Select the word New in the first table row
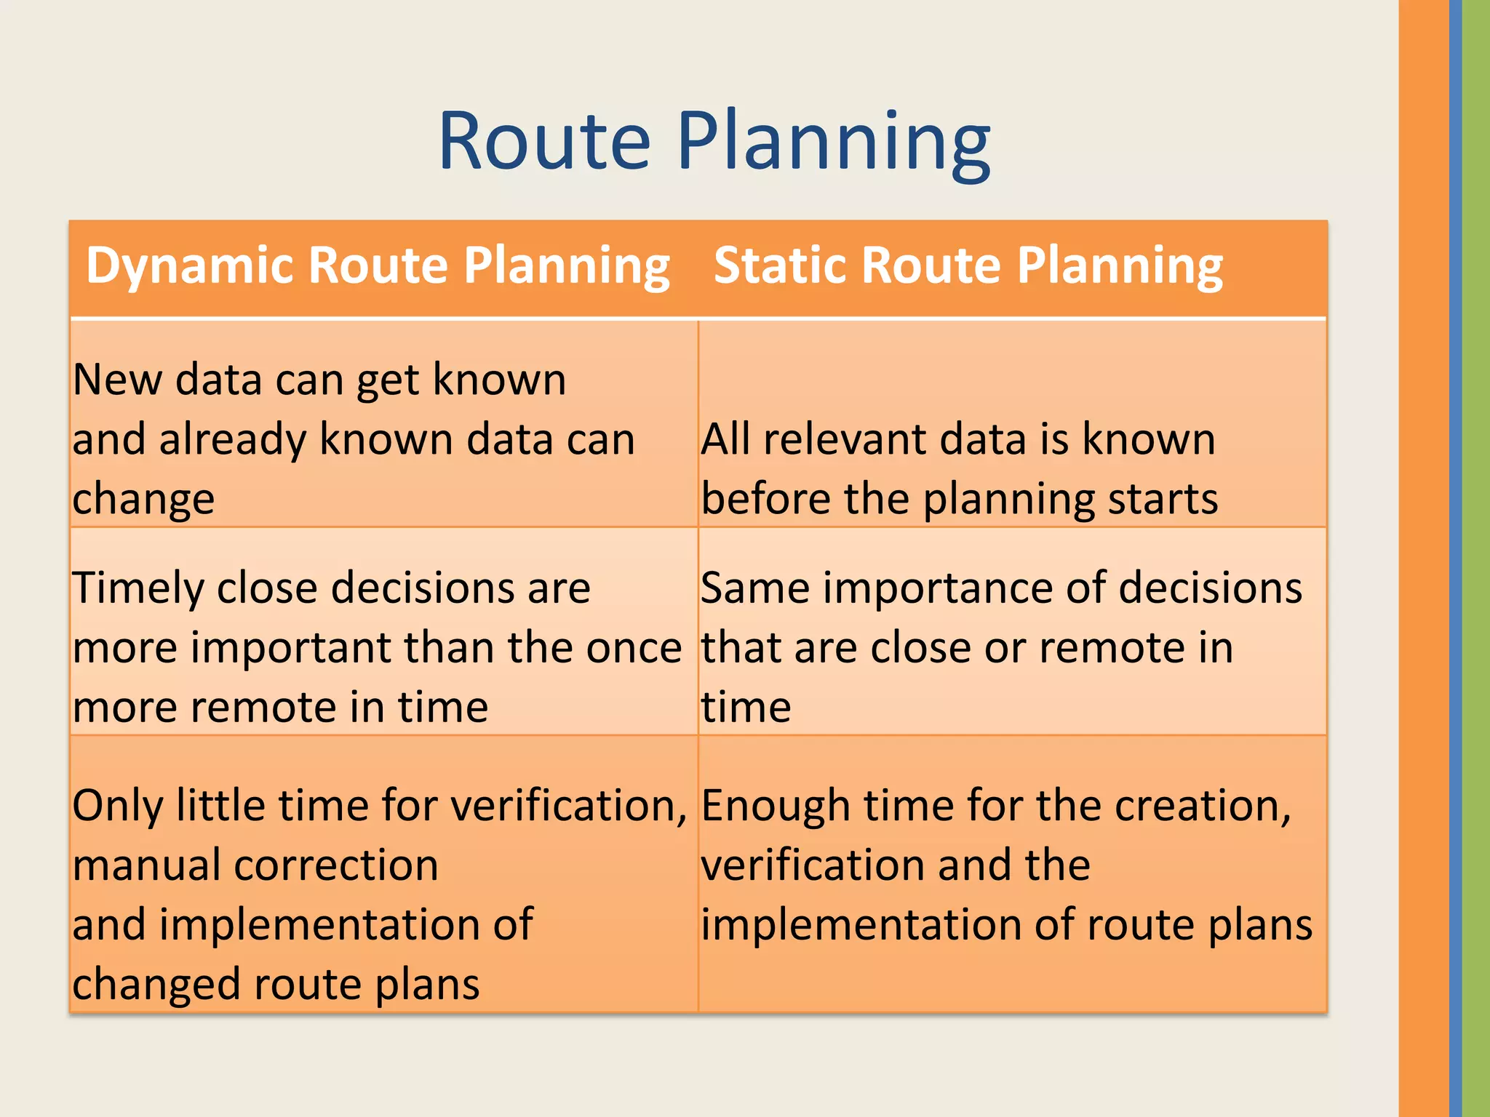[117, 380]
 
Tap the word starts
[1163, 500]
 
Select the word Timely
[138, 589]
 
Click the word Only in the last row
[118, 807]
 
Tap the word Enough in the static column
[776, 807]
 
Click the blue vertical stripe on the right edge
[1455, 558]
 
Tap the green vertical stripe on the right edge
[1476, 558]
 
